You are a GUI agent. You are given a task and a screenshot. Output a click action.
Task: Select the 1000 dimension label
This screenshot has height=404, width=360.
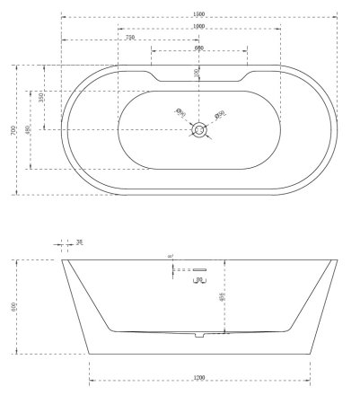[198, 25]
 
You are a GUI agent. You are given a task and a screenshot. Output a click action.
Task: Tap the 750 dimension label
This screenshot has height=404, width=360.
[131, 38]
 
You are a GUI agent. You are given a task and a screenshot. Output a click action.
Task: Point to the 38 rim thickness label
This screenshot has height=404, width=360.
[80, 242]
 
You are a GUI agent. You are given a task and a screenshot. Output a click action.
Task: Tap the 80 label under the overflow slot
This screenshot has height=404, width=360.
[198, 281]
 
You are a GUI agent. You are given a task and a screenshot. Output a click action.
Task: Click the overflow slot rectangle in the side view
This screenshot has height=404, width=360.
[198, 269]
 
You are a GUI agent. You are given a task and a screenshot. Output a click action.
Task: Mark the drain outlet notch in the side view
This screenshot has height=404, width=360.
[198, 336]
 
